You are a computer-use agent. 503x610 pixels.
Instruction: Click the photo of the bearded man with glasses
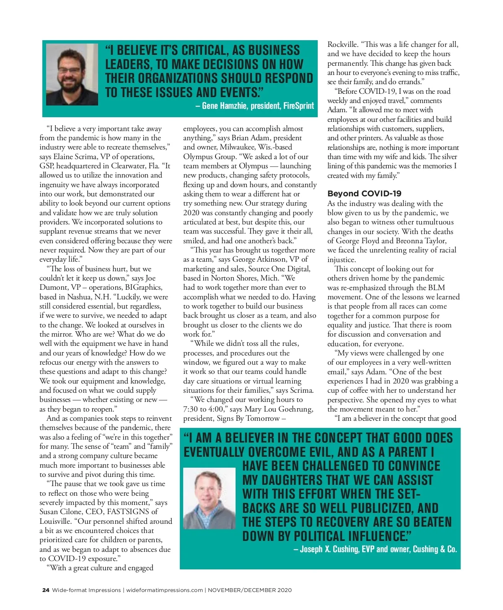pyautogui.click(x=72, y=75)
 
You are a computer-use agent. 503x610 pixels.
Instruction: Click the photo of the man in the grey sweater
pyautogui.click(x=209, y=498)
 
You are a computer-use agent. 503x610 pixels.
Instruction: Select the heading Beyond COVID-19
pyautogui.click(x=364, y=193)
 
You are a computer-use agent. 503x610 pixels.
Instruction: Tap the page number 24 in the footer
pyautogui.click(x=46, y=590)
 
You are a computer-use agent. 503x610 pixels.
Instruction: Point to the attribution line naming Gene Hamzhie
pyautogui.click(x=254, y=106)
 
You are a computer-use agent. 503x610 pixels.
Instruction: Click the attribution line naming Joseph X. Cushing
pyautogui.click(x=375, y=549)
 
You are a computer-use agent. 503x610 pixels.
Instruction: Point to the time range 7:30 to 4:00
pyautogui.click(x=203, y=409)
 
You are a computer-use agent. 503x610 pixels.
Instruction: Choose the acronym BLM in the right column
pyautogui.click(x=436, y=288)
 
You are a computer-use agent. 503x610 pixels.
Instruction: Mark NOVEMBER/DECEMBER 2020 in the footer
pyautogui.click(x=250, y=590)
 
